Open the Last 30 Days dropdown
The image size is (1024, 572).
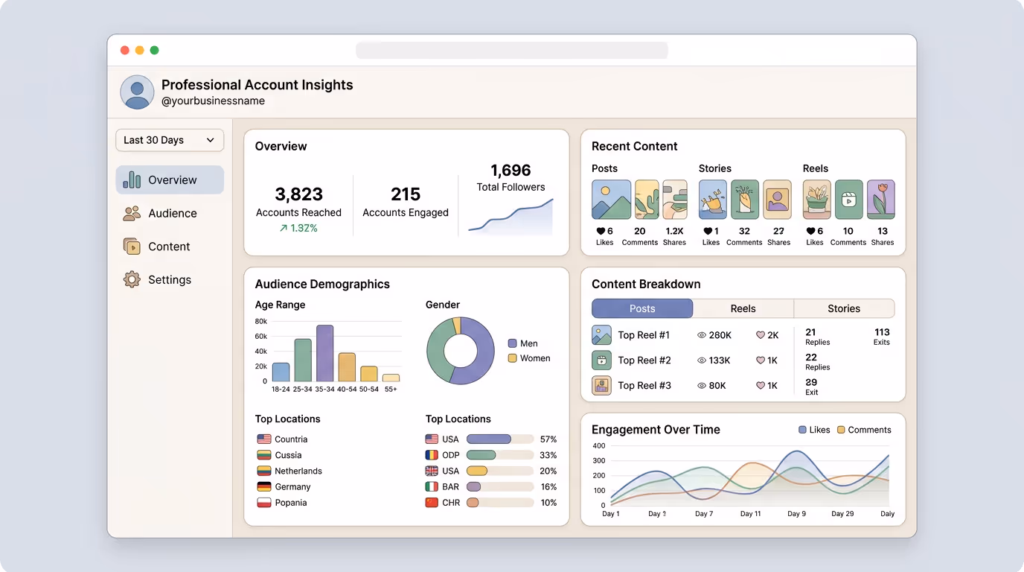pos(170,140)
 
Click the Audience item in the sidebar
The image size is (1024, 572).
pos(171,213)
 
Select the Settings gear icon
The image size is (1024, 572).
pos(132,280)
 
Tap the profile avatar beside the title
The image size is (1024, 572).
pos(137,92)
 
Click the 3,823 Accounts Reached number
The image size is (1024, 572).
pos(298,194)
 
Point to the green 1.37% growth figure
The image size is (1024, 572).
pos(298,228)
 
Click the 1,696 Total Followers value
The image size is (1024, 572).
pos(511,171)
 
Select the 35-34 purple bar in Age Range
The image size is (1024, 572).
pos(324,354)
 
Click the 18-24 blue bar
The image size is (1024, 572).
pos(281,372)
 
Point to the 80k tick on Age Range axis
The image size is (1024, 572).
pos(260,322)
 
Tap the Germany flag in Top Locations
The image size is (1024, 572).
pos(263,487)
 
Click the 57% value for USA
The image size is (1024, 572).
pos(548,439)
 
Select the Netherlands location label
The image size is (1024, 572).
pos(298,471)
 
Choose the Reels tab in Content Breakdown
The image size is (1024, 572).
pos(743,308)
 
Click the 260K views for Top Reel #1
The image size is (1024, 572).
pos(714,335)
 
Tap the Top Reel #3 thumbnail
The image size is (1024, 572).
pos(601,385)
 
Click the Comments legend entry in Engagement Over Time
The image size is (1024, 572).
pos(864,430)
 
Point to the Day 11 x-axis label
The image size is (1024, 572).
pos(750,514)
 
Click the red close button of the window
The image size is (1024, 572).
pos(125,51)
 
